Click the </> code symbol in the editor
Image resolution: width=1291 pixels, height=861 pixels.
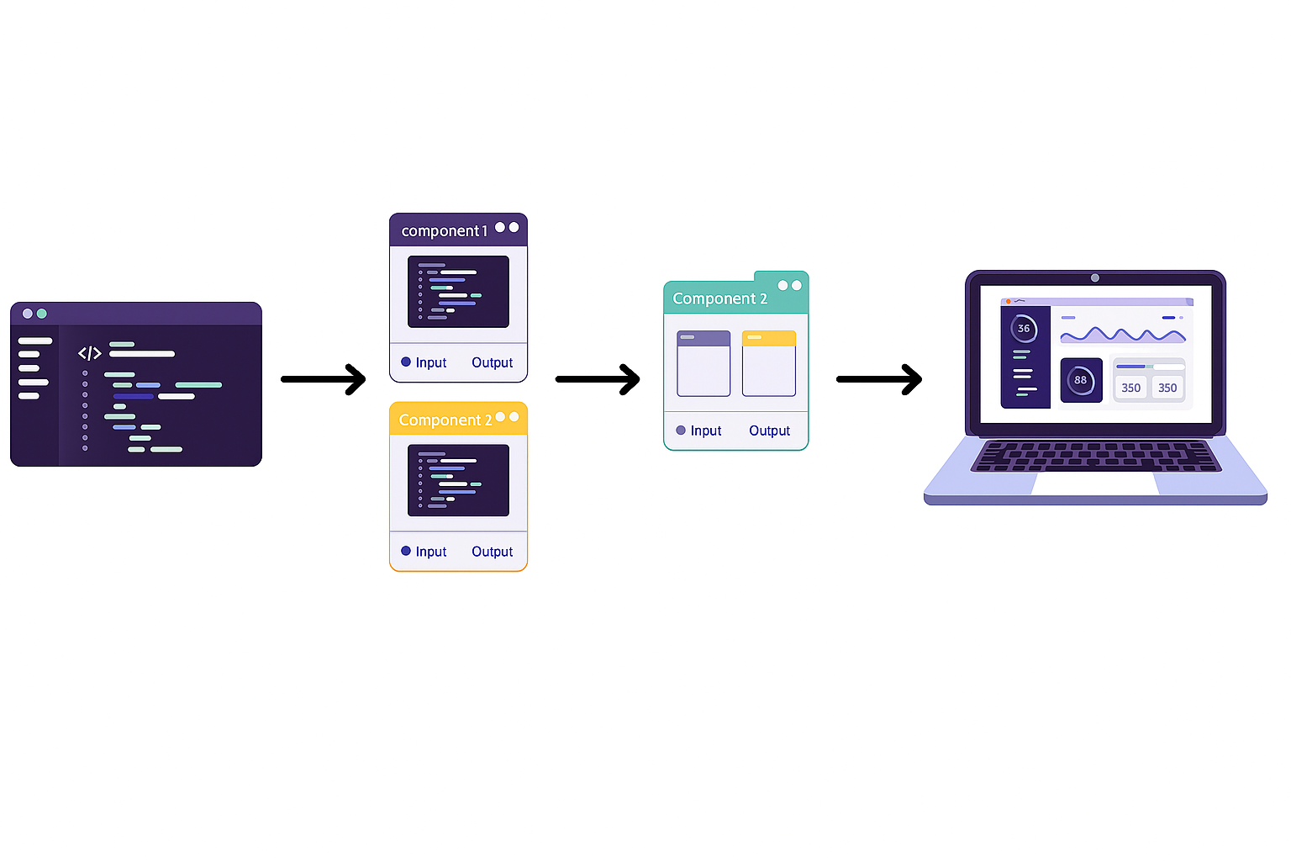(89, 353)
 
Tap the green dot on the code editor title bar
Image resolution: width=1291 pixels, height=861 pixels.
(42, 314)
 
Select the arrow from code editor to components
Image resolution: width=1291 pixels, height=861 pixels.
(324, 379)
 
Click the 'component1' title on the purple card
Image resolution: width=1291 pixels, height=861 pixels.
(444, 231)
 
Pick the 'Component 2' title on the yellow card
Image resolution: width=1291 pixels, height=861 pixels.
(445, 420)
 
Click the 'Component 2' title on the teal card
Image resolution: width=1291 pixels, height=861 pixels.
(719, 298)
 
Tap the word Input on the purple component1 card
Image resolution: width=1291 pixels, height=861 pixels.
(430, 362)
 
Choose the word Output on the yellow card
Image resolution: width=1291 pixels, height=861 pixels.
(492, 552)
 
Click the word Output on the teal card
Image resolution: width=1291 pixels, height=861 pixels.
(769, 430)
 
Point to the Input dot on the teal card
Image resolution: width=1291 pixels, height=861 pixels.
(681, 430)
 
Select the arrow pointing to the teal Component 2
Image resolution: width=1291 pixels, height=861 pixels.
(598, 379)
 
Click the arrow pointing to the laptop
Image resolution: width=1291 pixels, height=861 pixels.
(879, 379)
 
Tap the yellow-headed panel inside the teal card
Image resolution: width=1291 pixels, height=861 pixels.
(768, 363)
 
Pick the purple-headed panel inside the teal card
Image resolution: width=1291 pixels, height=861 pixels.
(703, 363)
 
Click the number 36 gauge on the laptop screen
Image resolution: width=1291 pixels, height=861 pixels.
(1024, 329)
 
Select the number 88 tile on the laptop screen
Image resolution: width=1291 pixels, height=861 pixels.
(1081, 380)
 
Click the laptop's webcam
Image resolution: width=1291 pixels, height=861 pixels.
(1095, 277)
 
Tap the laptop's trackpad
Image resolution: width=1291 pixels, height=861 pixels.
(1095, 484)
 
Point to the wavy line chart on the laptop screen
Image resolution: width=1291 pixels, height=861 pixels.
(1123, 335)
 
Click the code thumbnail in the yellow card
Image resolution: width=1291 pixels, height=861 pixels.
(458, 480)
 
